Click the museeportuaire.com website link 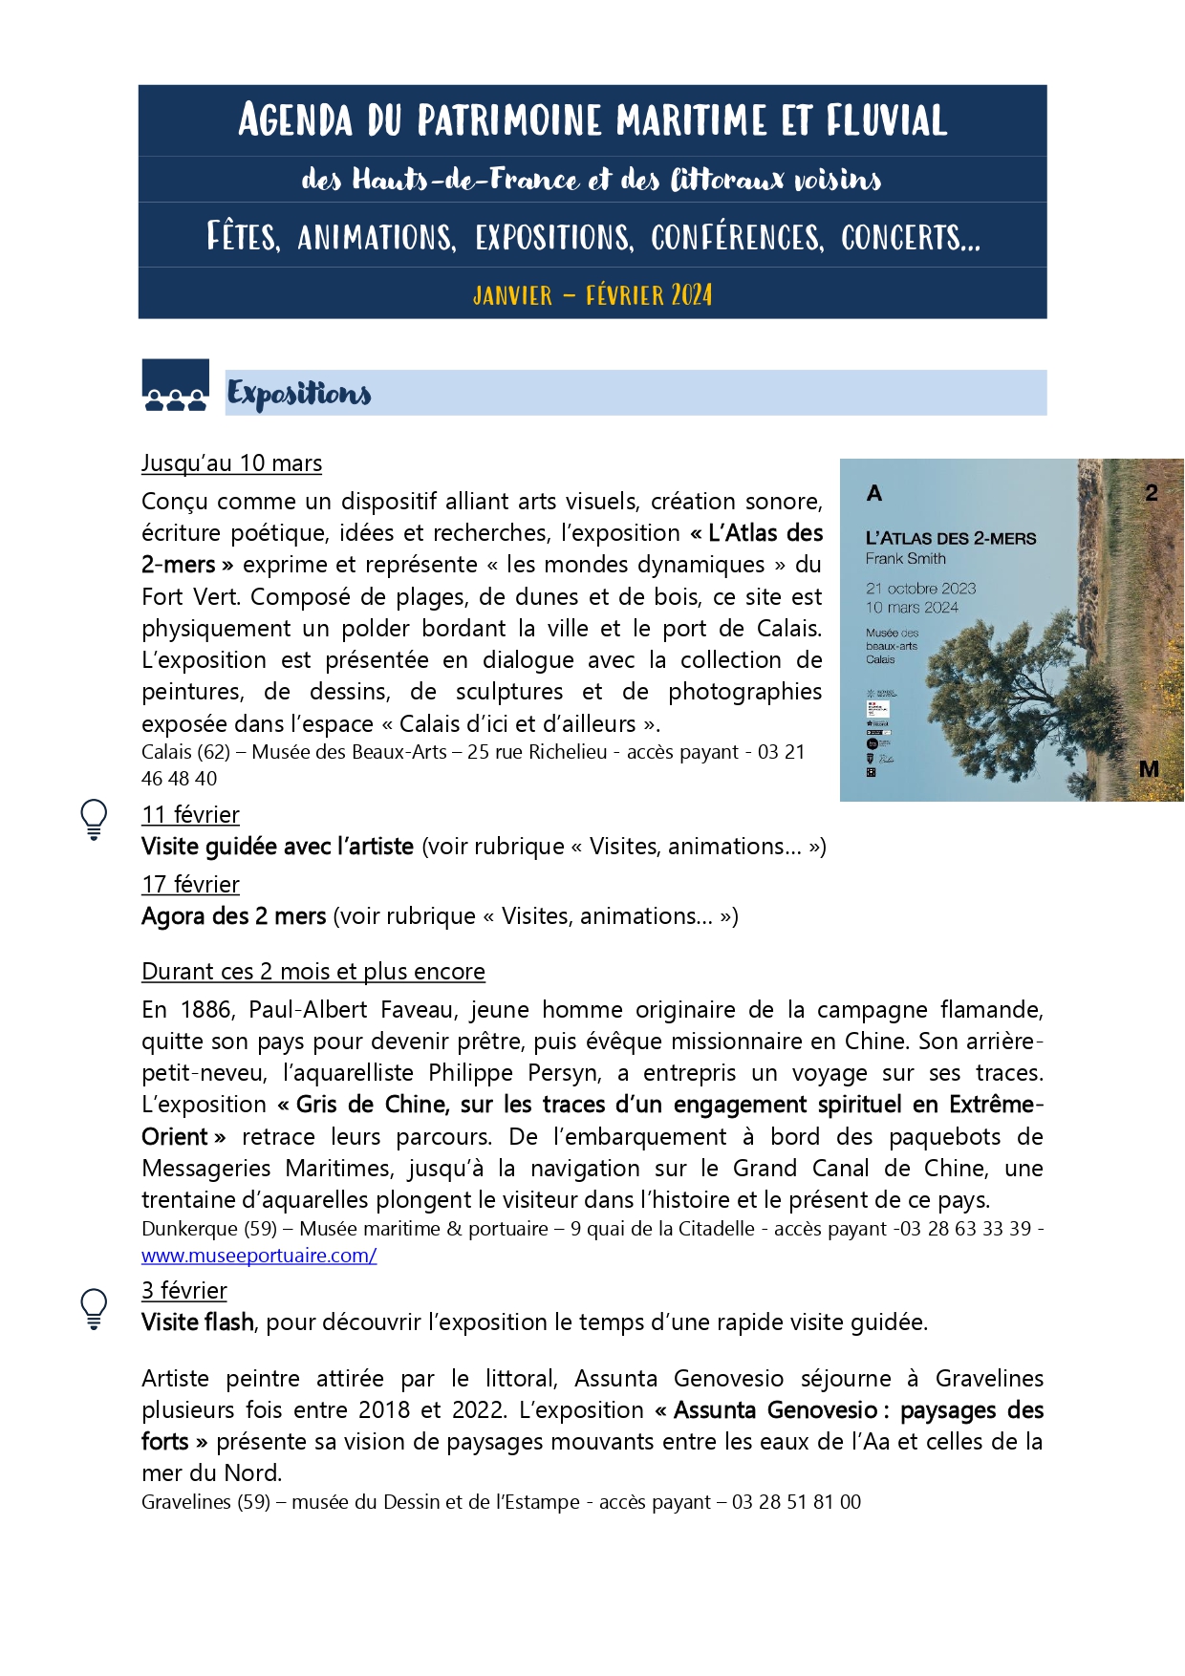point(259,1256)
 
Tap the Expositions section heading point(299,394)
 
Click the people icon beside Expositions point(176,386)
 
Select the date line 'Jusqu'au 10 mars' point(231,463)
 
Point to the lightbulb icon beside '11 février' point(94,820)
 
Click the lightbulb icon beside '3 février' point(94,1308)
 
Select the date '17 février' point(190,885)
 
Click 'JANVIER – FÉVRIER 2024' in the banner point(592,294)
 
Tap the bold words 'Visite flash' point(198,1322)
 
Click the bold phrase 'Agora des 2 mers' point(234,916)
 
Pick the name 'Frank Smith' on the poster point(905,559)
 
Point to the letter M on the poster point(1149,769)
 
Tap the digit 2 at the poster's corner point(1152,493)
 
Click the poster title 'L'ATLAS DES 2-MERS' point(950,539)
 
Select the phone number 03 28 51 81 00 point(796,1502)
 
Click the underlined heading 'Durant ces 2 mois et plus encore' point(313,972)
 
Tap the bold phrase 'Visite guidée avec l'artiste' point(277,847)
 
